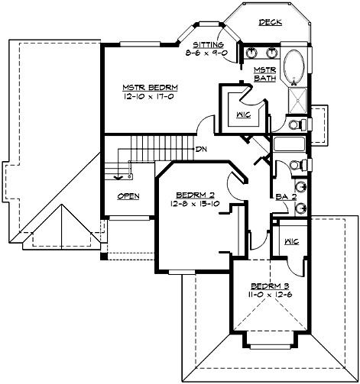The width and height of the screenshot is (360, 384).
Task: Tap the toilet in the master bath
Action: click(x=297, y=124)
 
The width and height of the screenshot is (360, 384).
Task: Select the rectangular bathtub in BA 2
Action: click(x=289, y=144)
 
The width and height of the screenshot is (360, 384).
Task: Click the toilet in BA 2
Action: click(x=298, y=166)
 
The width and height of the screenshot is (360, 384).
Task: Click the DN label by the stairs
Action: click(x=201, y=149)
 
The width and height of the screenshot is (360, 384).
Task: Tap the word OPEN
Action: click(x=128, y=196)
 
